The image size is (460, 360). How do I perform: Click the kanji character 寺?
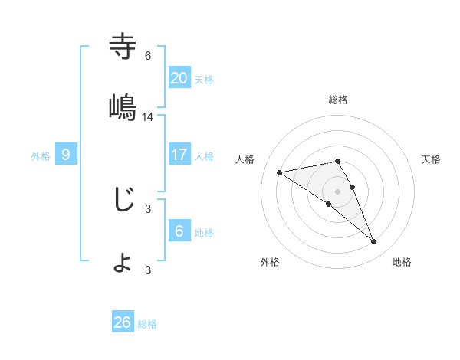(x=123, y=47)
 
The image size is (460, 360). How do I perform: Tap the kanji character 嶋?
(x=123, y=108)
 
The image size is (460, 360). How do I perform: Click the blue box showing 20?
(x=179, y=77)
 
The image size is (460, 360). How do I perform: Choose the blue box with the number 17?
(x=179, y=155)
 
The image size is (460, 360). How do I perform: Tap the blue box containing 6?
(x=179, y=231)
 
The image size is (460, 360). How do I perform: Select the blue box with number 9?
(x=66, y=155)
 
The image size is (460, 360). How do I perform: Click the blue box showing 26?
(x=123, y=322)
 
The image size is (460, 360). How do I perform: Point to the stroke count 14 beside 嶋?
(x=148, y=116)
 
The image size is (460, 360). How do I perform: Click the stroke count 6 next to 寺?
(x=148, y=55)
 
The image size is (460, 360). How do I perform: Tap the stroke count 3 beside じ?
(x=148, y=208)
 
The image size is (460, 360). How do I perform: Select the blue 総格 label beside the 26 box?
(x=147, y=324)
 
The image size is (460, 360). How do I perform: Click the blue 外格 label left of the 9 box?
(x=41, y=155)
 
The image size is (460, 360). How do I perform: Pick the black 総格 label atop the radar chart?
(x=338, y=100)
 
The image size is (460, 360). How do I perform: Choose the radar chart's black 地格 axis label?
(x=402, y=262)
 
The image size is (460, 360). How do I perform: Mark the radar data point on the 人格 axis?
(x=280, y=172)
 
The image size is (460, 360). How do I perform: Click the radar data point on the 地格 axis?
(x=374, y=242)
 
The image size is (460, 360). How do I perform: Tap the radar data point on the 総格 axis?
(x=338, y=161)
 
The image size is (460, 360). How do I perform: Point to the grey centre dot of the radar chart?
(x=338, y=191)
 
